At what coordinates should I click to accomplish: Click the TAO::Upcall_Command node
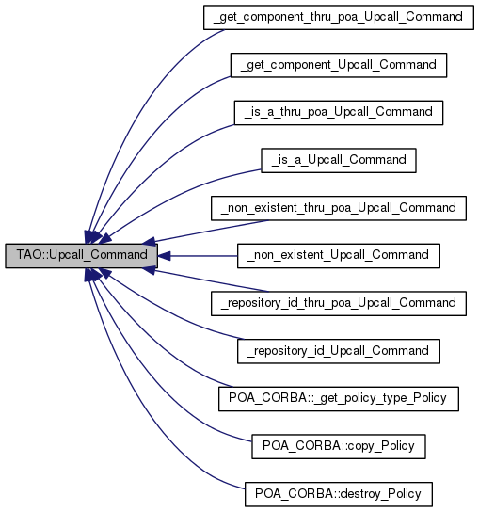(79, 255)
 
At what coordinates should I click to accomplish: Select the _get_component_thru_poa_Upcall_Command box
(338, 17)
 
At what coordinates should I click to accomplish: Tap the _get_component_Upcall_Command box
(338, 65)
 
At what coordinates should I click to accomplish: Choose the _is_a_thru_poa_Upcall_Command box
(338, 112)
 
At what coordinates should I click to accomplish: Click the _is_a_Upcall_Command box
(338, 160)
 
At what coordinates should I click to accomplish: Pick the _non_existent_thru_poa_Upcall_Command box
(338, 207)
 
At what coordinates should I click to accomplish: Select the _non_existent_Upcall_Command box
(338, 255)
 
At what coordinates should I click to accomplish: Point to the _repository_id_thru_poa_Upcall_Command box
(338, 303)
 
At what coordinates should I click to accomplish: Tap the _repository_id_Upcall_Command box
(338, 350)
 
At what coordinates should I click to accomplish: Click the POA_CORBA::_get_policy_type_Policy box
(338, 398)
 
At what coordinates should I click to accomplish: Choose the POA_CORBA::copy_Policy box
(338, 445)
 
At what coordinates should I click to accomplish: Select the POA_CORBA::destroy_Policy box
(338, 493)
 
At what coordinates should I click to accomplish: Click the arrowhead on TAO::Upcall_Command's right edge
(163, 255)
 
